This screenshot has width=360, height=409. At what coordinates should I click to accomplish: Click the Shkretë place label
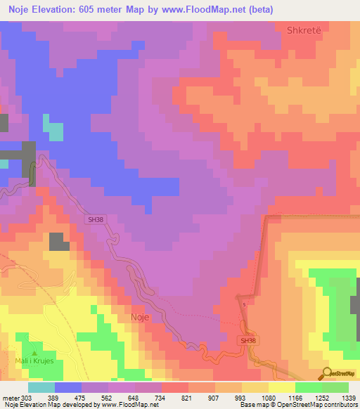pyautogui.click(x=304, y=30)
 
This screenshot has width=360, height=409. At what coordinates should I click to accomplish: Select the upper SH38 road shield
pyautogui.click(x=96, y=220)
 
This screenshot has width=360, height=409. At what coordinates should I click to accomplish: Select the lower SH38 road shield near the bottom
pyautogui.click(x=246, y=340)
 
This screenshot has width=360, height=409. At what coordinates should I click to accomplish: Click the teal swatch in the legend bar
pyautogui.click(x=41, y=387)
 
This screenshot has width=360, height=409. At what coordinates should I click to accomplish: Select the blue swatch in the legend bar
pyautogui.click(x=68, y=387)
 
